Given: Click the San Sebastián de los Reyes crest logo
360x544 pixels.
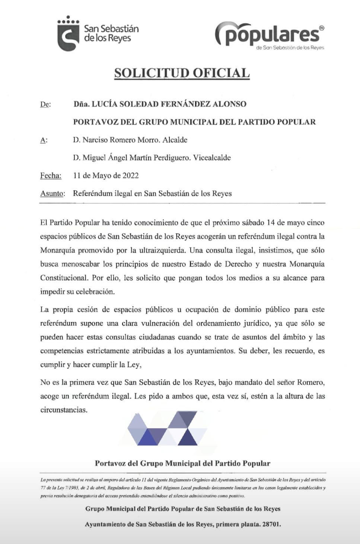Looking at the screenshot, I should tap(68, 34).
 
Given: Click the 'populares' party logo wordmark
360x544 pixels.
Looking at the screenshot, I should tap(269, 34).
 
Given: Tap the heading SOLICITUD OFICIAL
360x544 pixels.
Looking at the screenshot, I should tap(182, 73).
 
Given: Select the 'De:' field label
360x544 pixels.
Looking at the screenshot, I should tap(45, 104).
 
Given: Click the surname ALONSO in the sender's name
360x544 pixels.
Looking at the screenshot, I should tap(229, 104).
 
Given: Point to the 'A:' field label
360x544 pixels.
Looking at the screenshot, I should tap(44, 140).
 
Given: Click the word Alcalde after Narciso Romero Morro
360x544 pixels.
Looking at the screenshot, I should tap(175, 140).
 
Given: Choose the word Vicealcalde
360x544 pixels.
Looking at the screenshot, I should tap(212, 158).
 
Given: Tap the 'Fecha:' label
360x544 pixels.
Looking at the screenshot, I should tap(51, 175).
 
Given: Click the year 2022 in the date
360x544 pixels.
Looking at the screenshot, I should tap(130, 175).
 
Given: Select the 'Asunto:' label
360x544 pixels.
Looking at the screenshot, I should tap(52, 193).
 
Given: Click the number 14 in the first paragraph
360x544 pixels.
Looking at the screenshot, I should tap(271, 223).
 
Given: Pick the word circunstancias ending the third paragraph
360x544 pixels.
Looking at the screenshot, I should tap(64, 410).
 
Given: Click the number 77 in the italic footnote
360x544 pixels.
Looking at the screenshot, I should tap(43, 488).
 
